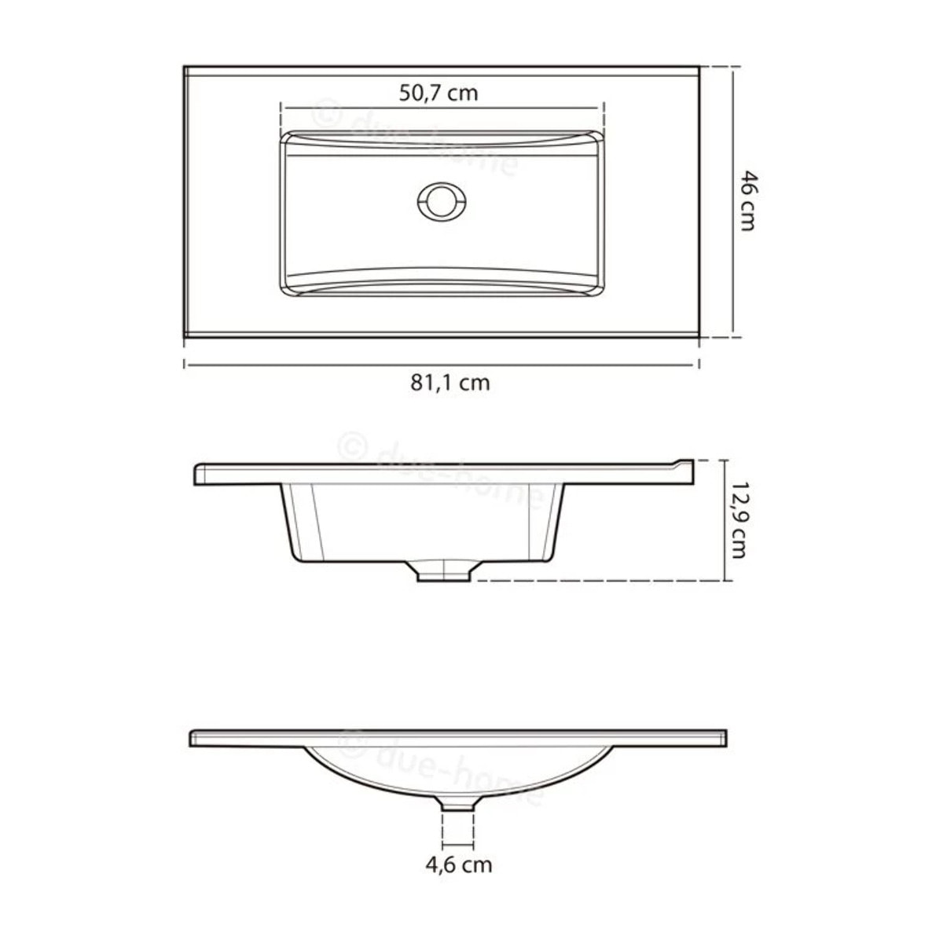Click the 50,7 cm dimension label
(438, 94)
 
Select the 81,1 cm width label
(449, 383)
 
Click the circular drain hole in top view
(442, 201)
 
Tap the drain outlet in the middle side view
(445, 572)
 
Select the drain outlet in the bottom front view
(459, 803)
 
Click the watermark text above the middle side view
(440, 472)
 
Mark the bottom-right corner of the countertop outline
(699, 338)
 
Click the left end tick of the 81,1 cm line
(185, 364)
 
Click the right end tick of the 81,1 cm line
(699, 364)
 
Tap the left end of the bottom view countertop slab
(193, 738)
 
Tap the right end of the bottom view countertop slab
(724, 738)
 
